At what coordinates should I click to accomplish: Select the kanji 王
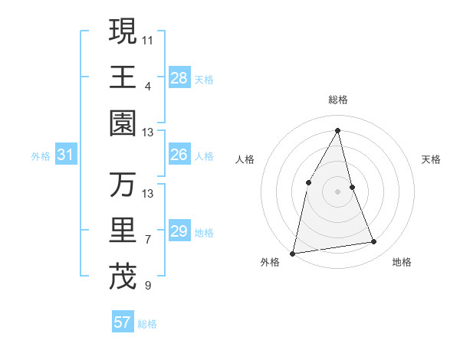(x=123, y=77)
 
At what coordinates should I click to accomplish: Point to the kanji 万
(x=123, y=185)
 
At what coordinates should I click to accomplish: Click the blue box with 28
(x=179, y=78)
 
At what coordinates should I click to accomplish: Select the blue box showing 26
(x=179, y=155)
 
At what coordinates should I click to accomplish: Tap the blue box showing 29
(x=179, y=231)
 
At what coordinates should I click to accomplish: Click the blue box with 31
(x=66, y=155)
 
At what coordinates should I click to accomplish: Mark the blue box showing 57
(x=123, y=322)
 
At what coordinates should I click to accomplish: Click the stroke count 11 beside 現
(x=148, y=39)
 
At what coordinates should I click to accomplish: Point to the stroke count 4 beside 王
(x=148, y=86)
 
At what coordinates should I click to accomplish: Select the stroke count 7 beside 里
(x=148, y=240)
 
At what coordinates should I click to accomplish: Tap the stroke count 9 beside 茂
(x=148, y=286)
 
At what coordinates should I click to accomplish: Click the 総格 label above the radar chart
(x=337, y=100)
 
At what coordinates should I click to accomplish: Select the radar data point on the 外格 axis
(x=293, y=253)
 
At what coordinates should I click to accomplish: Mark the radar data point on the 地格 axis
(x=374, y=242)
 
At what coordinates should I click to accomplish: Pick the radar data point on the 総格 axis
(x=337, y=130)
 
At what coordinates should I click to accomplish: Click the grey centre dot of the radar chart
(x=337, y=191)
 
